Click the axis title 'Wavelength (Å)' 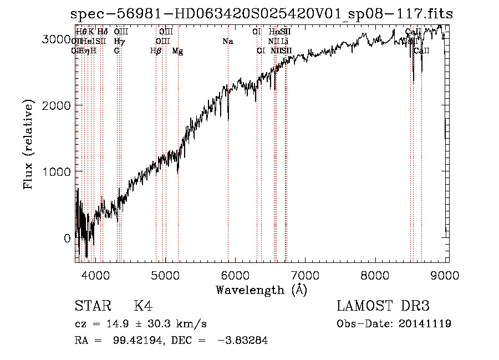click(x=261, y=290)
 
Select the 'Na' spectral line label click(x=228, y=41)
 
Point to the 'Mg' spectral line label click(x=177, y=51)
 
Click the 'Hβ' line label click(x=156, y=51)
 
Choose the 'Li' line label click(x=284, y=41)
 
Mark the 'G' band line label click(x=116, y=51)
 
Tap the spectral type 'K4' click(x=143, y=306)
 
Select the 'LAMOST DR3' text click(x=383, y=306)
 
